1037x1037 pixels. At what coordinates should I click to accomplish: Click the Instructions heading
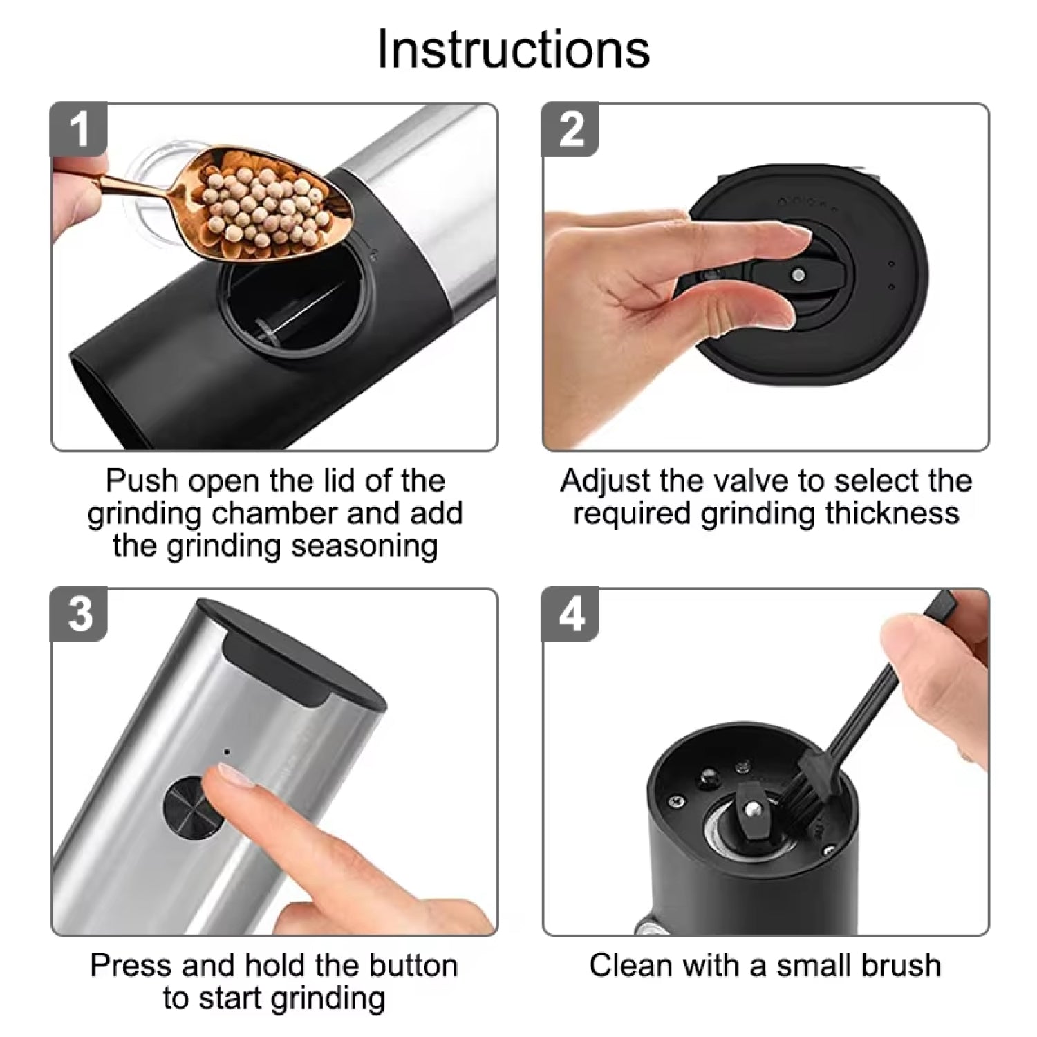coord(513,50)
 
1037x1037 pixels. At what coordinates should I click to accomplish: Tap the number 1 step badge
coord(80,129)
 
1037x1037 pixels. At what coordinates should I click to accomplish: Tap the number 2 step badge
coord(570,129)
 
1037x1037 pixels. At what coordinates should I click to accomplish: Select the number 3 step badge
coord(80,614)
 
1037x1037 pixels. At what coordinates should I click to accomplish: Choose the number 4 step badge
coord(570,614)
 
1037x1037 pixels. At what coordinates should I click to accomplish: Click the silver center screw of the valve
coord(799,275)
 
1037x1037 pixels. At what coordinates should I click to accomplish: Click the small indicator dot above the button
coord(226,751)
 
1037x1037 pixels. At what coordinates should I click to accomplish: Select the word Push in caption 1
coord(142,481)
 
